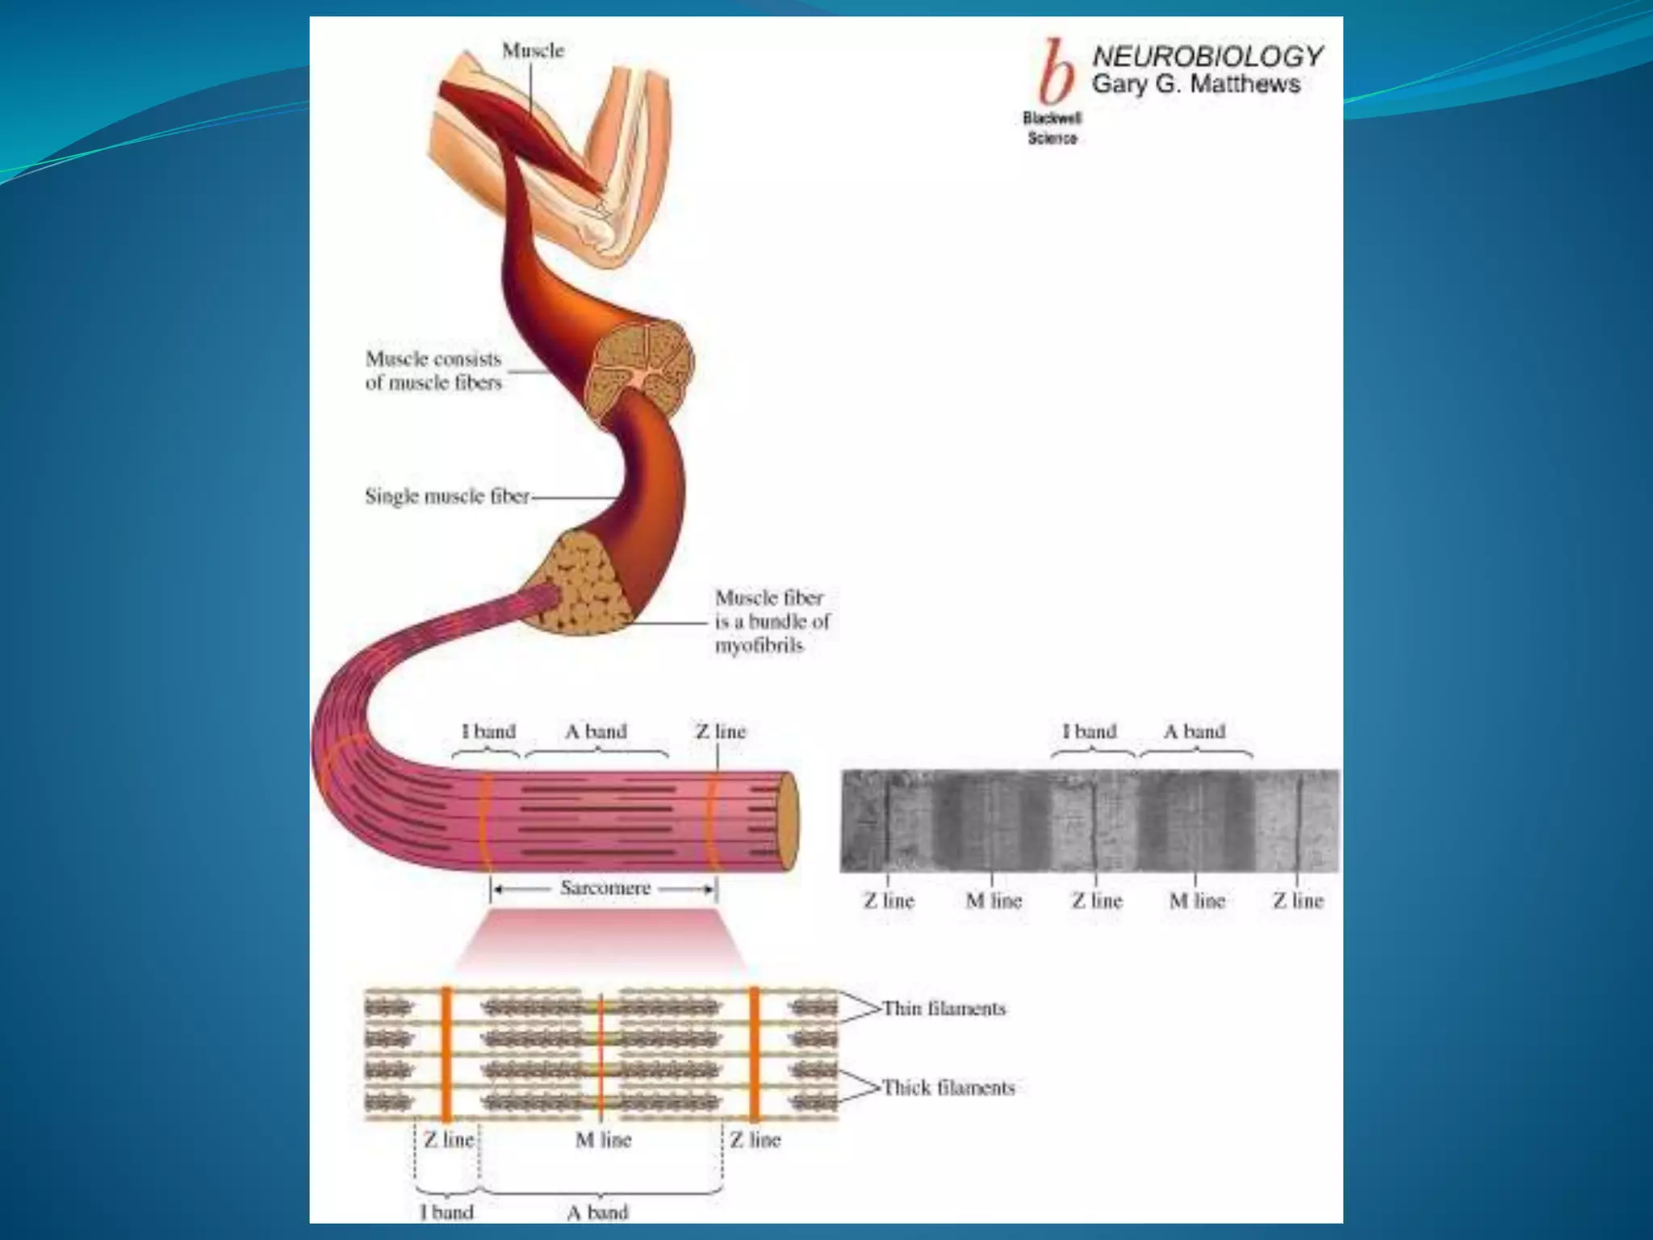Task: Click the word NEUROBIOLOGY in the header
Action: (1207, 57)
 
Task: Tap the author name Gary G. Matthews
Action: (1195, 84)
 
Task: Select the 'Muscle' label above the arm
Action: (533, 50)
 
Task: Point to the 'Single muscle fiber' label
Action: (447, 496)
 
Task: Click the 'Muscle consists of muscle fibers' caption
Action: (433, 370)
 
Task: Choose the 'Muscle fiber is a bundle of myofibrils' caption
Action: (772, 621)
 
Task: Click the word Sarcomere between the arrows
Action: (605, 888)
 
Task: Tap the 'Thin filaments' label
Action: (944, 1008)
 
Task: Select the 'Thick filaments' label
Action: (948, 1087)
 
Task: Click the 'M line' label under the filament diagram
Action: (603, 1140)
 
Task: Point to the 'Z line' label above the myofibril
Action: (721, 731)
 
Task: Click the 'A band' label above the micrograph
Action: (1194, 731)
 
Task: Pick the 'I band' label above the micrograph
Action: (1089, 731)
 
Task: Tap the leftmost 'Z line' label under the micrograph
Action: (889, 900)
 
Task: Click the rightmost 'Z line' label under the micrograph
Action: (1298, 900)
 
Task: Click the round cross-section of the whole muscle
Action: (639, 369)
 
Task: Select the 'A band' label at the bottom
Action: (597, 1212)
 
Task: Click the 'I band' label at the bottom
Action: (446, 1212)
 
